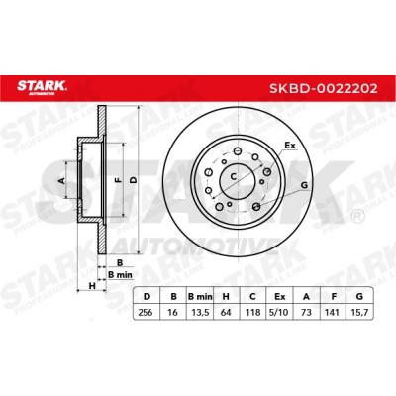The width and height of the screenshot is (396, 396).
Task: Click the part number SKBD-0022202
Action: (324, 88)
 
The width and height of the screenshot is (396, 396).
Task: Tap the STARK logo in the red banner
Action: (42, 87)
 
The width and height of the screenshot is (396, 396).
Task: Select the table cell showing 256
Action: (146, 312)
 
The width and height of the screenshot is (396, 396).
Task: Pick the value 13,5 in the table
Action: (200, 312)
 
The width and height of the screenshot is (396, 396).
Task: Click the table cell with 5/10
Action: (279, 312)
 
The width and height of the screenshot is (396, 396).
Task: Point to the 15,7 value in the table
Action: (359, 312)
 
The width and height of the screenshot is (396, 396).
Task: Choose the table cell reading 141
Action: (333, 312)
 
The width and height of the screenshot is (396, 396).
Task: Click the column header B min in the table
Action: (200, 296)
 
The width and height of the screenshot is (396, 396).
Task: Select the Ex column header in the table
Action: (279, 296)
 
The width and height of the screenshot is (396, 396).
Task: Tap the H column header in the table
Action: (226, 296)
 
